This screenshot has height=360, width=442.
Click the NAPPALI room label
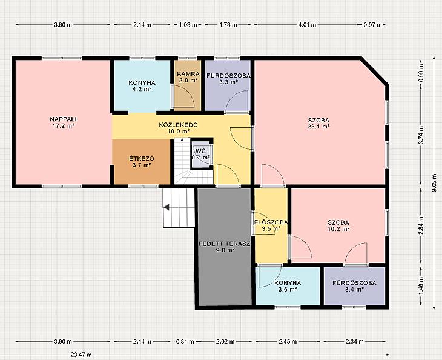click(x=64, y=119)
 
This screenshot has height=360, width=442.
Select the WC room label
click(x=202, y=151)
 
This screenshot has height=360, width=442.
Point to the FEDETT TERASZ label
click(x=225, y=244)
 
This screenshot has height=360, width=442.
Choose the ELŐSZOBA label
click(x=271, y=222)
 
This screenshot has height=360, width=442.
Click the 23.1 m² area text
click(x=318, y=127)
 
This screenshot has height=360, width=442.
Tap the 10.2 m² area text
click(x=338, y=229)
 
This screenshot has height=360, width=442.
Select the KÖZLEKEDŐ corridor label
click(x=178, y=125)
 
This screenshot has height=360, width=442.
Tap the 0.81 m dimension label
click(x=185, y=342)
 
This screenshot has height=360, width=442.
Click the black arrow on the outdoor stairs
click(x=167, y=207)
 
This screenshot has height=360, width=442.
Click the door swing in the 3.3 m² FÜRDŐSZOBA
click(x=237, y=101)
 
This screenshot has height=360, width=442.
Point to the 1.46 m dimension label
click(x=421, y=286)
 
